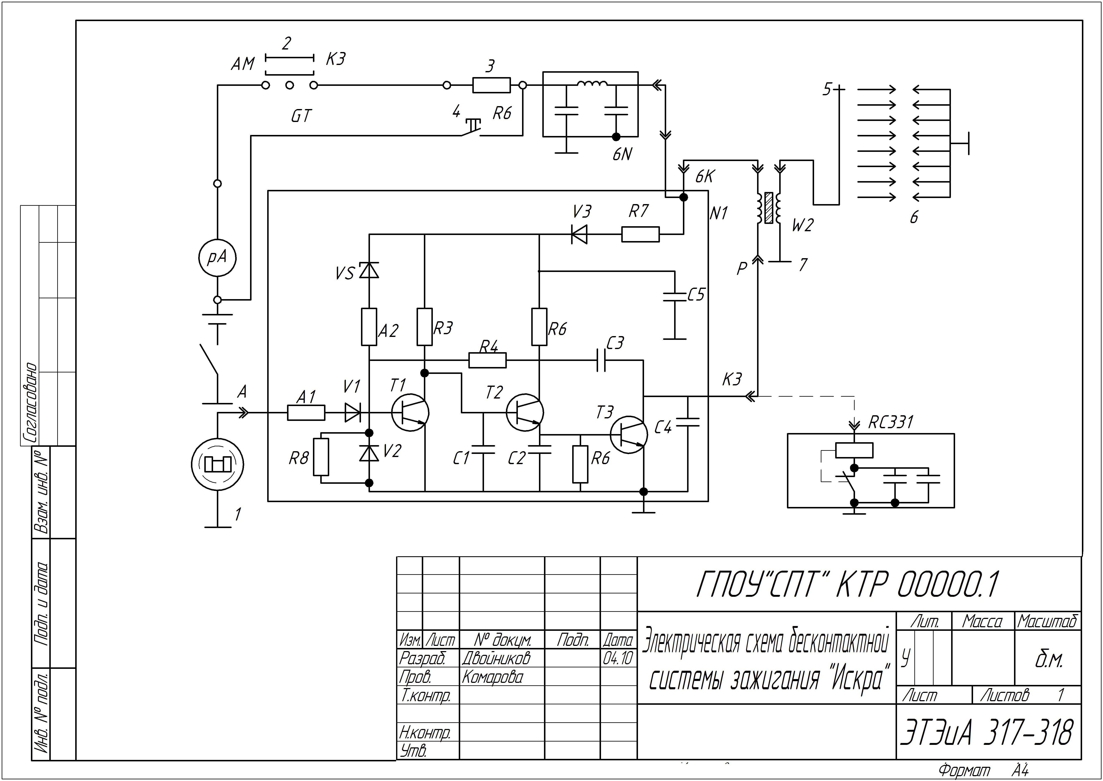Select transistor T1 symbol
[x=410, y=412]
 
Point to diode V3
[x=579, y=235]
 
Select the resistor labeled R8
[x=321, y=457]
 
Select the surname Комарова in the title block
[x=492, y=677]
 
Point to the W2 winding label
[x=802, y=225]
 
